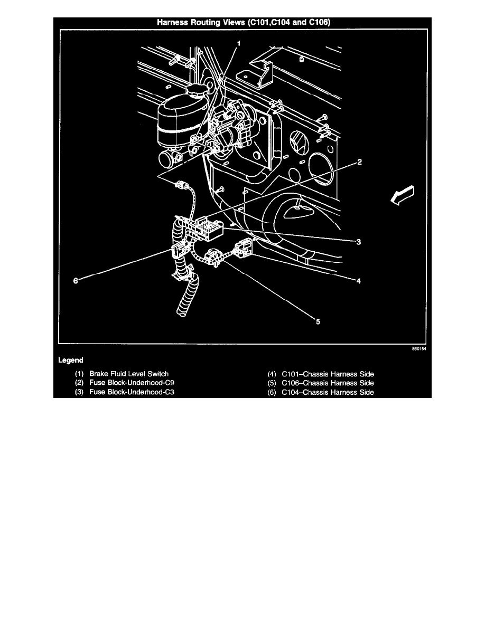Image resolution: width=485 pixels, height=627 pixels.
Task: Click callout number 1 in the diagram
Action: tap(239, 43)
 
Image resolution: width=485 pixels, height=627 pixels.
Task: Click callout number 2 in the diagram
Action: tap(359, 162)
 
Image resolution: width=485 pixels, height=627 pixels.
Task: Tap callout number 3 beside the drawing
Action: tap(359, 242)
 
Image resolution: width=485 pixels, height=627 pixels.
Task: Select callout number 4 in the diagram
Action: tap(359, 281)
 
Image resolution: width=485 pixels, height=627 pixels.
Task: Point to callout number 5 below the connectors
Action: tap(318, 321)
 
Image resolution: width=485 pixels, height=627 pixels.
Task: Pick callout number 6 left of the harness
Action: tap(76, 281)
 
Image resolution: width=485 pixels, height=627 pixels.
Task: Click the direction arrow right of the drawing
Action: tap(402, 195)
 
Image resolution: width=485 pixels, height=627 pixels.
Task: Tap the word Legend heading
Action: tap(71, 360)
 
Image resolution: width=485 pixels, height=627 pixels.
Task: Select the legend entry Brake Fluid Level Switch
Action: tap(129, 374)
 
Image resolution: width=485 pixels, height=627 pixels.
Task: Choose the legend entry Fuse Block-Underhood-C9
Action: tap(132, 383)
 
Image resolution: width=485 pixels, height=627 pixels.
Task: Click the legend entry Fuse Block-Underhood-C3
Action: tap(132, 392)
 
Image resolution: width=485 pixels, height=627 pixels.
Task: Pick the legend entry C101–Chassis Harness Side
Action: tap(328, 374)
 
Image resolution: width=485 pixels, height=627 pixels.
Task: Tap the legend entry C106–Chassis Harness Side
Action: tap(328, 383)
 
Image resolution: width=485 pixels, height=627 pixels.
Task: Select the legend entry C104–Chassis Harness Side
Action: tap(328, 392)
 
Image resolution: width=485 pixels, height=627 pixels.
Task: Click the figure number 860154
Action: tap(419, 349)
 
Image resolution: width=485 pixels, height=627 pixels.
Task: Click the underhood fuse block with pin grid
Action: tap(208, 229)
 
